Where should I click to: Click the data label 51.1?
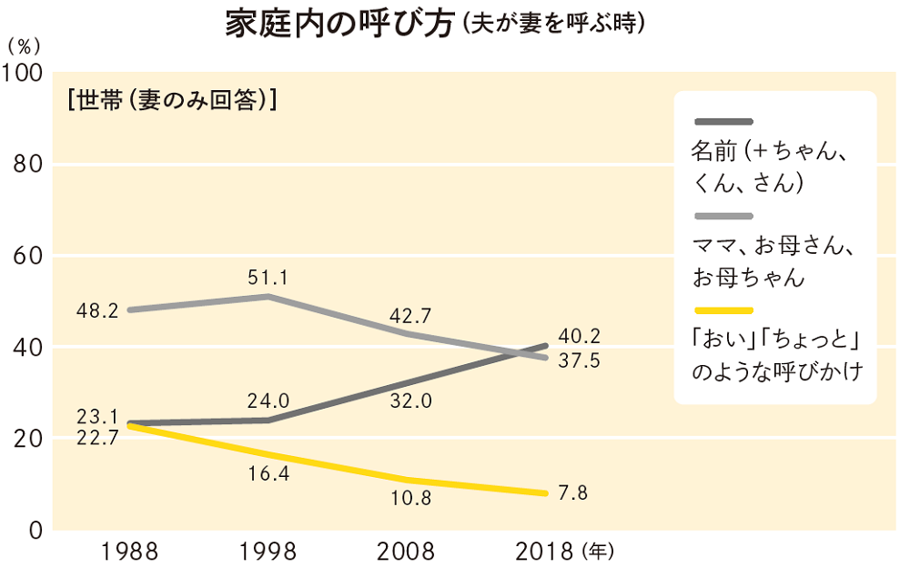coord(268,278)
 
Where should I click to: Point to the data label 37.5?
coord(581,360)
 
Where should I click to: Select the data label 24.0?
coord(268,400)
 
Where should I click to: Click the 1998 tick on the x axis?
coord(268,552)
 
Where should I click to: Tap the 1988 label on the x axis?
coord(130,552)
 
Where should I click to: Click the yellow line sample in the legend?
coord(723,310)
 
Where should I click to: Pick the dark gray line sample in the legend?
coord(723,121)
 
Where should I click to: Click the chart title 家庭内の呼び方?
coord(339,24)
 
